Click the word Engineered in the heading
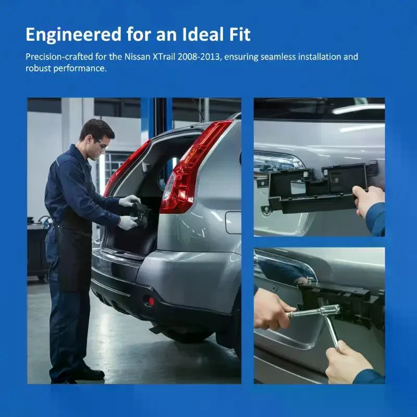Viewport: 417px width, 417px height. point(73,35)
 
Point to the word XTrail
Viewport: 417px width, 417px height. point(164,57)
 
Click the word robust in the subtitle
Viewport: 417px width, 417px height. point(38,68)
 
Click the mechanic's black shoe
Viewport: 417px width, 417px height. point(90,373)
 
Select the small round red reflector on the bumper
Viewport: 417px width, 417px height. point(151,301)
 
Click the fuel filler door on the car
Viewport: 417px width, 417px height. point(233,223)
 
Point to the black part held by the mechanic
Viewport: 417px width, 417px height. point(140,214)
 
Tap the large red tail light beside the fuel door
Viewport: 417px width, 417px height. point(194,166)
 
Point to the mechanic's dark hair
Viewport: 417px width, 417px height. point(96,129)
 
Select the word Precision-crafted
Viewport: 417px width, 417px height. point(59,57)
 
